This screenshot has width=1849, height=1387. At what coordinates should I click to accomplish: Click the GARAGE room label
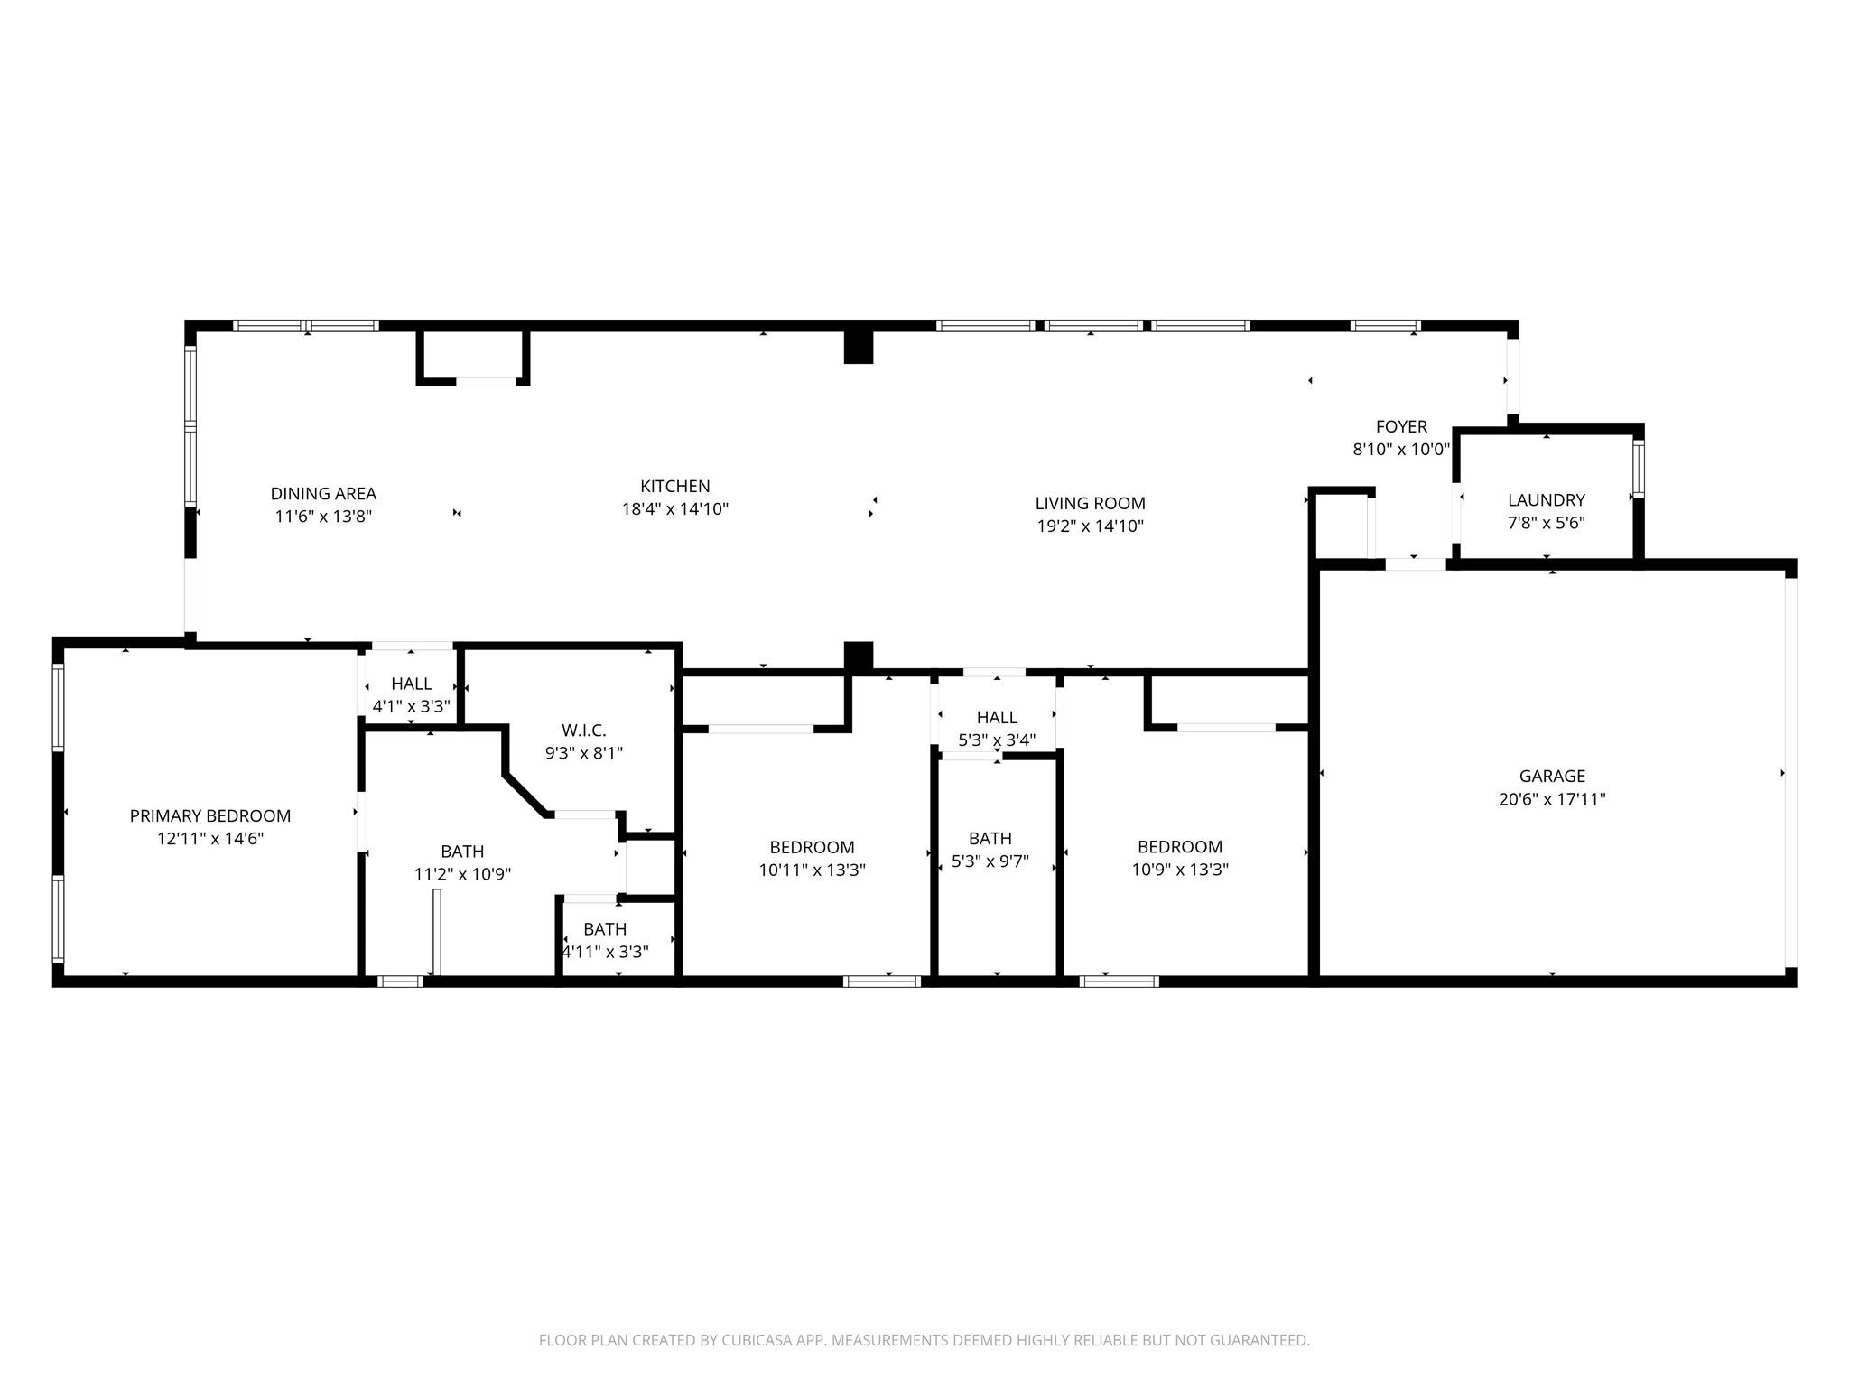click(x=1552, y=776)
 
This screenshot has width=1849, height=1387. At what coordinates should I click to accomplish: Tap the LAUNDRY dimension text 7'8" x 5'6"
click(x=1546, y=523)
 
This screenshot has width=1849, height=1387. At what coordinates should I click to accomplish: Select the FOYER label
click(x=1401, y=426)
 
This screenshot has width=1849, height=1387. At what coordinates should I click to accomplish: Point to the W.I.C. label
click(x=583, y=730)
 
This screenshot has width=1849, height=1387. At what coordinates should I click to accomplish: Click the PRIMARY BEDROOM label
click(x=210, y=815)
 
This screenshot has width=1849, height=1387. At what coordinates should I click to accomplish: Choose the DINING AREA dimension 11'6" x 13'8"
click(x=323, y=517)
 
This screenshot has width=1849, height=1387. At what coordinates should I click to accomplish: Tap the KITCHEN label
click(x=674, y=486)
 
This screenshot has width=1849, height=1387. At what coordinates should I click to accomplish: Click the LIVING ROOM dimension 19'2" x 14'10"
click(x=1090, y=526)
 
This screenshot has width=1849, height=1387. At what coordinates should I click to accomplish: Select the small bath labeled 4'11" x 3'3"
click(x=605, y=940)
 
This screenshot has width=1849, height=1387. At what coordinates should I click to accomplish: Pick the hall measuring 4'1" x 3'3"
click(x=411, y=694)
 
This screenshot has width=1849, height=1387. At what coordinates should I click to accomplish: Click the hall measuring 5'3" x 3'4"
click(x=997, y=728)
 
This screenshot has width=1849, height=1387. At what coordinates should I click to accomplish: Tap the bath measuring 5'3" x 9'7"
click(x=990, y=850)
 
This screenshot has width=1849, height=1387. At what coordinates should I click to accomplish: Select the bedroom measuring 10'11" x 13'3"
click(x=812, y=858)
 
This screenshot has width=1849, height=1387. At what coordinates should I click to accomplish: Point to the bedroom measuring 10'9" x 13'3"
click(x=1180, y=858)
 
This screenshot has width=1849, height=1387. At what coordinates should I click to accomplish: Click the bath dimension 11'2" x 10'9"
click(x=462, y=874)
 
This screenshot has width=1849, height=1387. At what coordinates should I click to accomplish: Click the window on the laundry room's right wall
click(x=1638, y=468)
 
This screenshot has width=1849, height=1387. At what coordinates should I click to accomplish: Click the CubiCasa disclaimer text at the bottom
click(x=924, y=1340)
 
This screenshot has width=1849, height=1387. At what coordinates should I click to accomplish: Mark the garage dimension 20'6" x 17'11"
click(x=1552, y=799)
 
